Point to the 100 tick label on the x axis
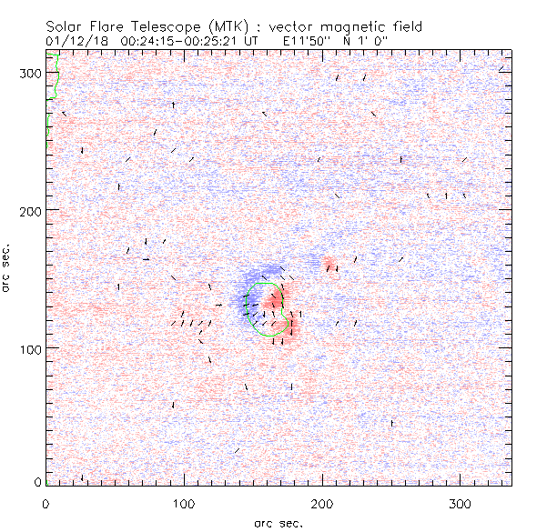(x=184, y=503)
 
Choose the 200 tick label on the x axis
(x=322, y=503)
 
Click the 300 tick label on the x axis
(x=461, y=503)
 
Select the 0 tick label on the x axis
(x=46, y=503)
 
